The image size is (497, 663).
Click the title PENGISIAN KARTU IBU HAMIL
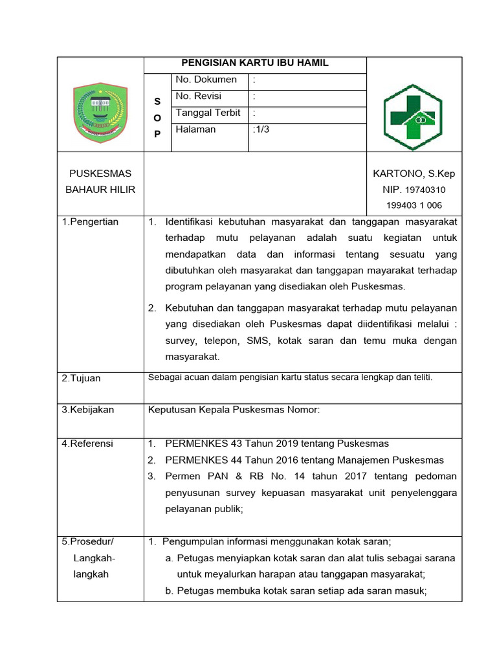point(254,63)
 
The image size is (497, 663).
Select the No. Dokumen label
point(206,80)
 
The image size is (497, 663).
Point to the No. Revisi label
point(199,96)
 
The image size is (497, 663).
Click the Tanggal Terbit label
point(208,113)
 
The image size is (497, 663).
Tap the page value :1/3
point(261,129)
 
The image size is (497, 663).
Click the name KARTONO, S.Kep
point(414,174)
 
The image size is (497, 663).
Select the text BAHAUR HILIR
point(100,190)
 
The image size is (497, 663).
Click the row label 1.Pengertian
point(90,222)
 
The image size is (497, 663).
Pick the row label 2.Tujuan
point(82,378)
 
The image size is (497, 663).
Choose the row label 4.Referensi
point(87,444)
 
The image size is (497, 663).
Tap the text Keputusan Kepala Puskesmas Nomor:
point(234,410)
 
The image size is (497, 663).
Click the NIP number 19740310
point(425,190)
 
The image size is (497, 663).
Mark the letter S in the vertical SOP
point(157,102)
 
